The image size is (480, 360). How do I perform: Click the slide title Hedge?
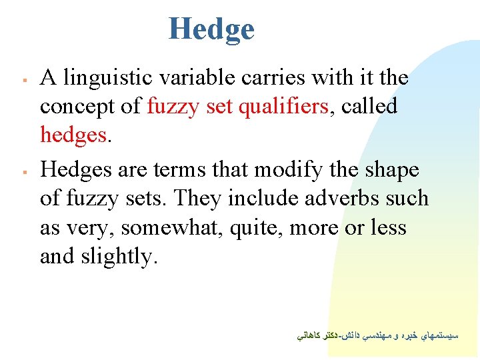(x=211, y=29)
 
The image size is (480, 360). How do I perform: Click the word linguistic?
(x=102, y=78)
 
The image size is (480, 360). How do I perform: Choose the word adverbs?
(x=341, y=198)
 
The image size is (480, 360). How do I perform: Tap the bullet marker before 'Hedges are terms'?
(x=23, y=172)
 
